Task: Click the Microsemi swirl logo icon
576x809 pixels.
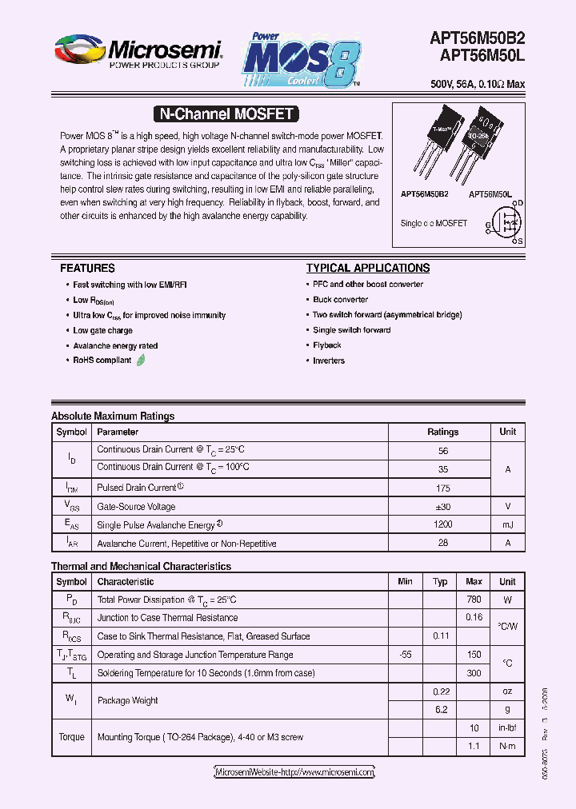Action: [79, 50]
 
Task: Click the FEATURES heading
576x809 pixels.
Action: [87, 269]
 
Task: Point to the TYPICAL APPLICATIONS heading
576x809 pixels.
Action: [368, 269]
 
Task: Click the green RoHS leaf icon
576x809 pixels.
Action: [141, 361]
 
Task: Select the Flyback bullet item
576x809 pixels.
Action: [327, 345]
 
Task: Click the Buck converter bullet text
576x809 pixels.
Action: [341, 300]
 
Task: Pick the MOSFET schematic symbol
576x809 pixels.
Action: [506, 223]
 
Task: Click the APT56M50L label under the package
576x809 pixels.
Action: [490, 194]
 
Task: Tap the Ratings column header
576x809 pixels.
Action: [442, 432]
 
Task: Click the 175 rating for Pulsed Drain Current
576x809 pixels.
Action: [442, 487]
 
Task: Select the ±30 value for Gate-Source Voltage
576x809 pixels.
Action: [442, 506]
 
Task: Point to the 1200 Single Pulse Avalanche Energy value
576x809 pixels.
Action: [442, 524]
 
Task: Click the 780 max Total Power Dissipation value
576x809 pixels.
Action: [474, 600]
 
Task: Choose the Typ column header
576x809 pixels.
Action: [440, 582]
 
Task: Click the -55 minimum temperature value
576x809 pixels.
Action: [405, 655]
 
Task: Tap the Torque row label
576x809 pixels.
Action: [71, 737]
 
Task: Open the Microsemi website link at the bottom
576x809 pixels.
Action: [294, 772]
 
